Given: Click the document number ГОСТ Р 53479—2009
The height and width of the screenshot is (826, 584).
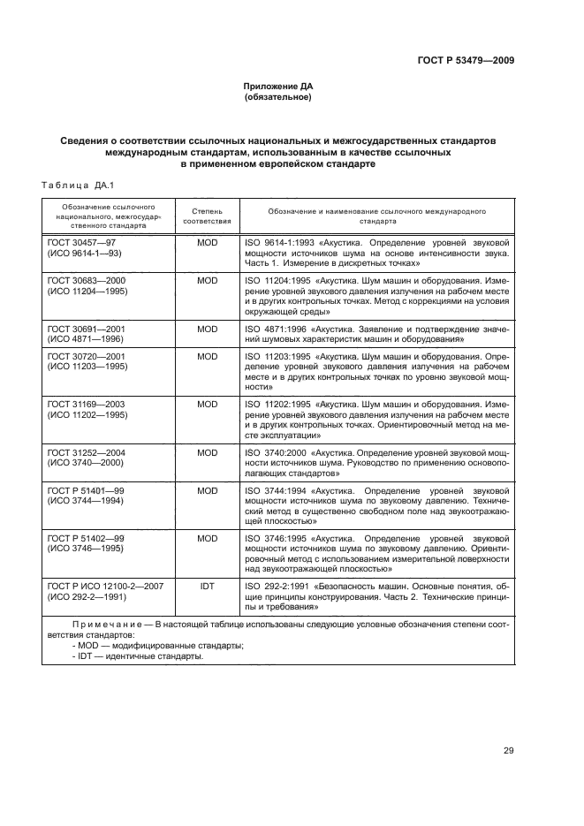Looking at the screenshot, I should tap(465, 60).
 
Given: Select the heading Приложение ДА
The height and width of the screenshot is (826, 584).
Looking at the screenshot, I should tap(278, 86).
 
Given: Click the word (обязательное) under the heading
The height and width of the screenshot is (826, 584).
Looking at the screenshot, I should tap(278, 97).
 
